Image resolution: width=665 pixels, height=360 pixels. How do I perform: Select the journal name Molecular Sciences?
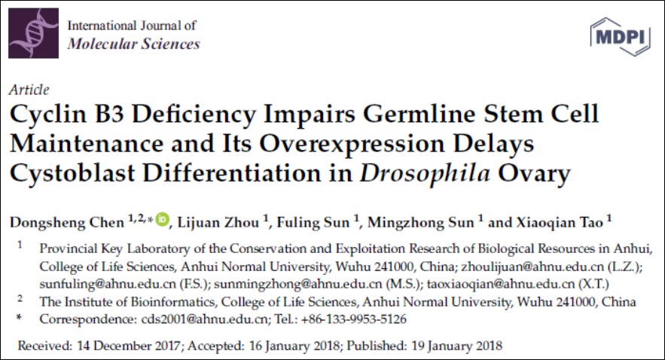pos(133,43)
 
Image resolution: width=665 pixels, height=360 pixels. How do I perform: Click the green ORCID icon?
pos(163,220)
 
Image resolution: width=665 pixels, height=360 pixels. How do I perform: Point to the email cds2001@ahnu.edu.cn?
pos(202,319)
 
